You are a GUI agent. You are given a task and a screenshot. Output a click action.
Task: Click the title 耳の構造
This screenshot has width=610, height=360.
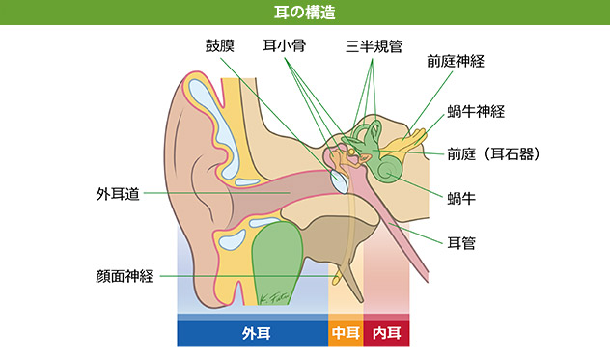[304, 13]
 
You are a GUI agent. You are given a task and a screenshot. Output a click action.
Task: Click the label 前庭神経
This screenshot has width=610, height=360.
[455, 61]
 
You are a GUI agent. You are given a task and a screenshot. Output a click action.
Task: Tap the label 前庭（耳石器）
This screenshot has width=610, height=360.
[492, 153]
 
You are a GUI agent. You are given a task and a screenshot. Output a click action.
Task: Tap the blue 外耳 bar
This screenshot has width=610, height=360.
[253, 333]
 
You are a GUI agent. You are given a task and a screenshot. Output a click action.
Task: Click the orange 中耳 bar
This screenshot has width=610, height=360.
[346, 333]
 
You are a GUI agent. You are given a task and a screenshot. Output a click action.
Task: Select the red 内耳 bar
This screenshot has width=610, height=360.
[386, 333]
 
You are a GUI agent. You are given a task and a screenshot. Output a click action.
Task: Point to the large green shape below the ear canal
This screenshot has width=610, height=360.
[278, 261]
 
